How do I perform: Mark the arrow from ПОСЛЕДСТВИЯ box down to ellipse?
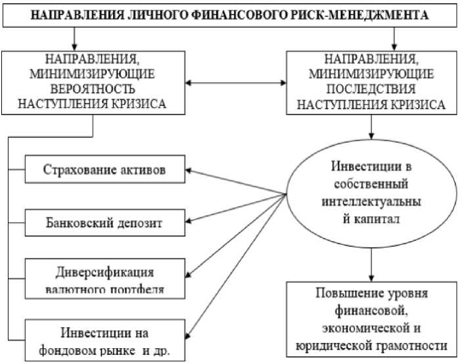point(373,124)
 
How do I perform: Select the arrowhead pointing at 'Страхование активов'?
point(191,171)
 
